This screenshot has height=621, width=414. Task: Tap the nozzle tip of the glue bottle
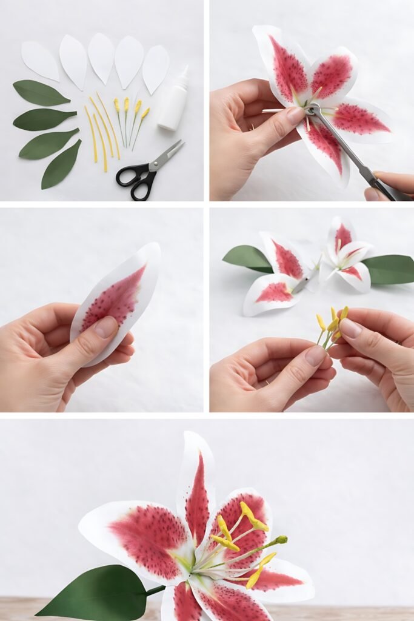pos(185,68)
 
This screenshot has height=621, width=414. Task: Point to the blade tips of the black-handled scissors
pos(180,143)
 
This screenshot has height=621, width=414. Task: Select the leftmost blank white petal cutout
pos(40,60)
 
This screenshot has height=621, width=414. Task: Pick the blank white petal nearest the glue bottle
pos(155,68)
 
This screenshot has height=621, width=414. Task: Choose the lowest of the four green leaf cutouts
pos(61,164)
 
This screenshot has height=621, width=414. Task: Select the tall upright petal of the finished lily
pos(196,485)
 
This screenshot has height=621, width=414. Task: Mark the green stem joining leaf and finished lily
pos(155,589)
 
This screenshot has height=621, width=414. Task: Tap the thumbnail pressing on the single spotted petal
pos(107,327)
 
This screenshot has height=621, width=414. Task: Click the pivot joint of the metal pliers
pos(313,110)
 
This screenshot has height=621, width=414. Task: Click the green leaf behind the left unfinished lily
pos(247,258)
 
